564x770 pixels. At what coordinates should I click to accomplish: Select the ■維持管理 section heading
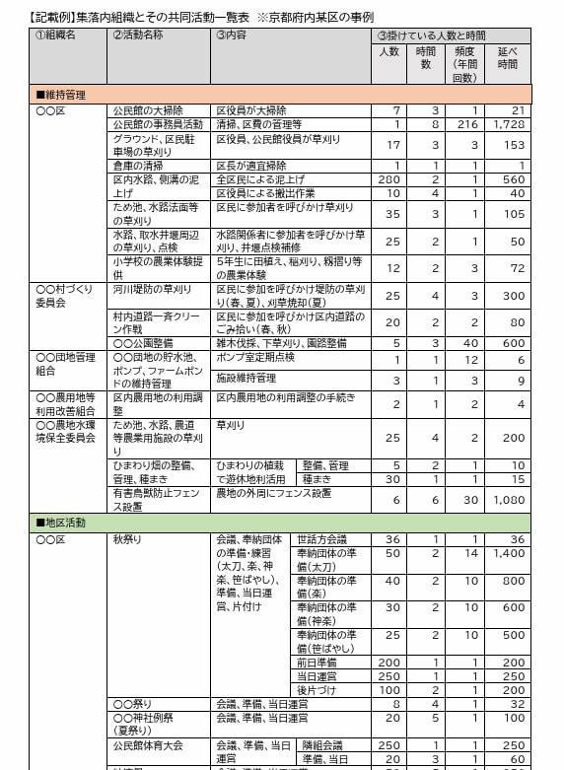(61, 95)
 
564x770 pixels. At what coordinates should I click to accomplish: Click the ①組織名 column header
(56, 35)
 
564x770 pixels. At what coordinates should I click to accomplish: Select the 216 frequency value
(466, 125)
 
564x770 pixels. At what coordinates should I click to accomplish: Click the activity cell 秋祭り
(128, 540)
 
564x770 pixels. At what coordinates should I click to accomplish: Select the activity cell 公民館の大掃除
(147, 111)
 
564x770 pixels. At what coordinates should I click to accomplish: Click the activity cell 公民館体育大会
(149, 746)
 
